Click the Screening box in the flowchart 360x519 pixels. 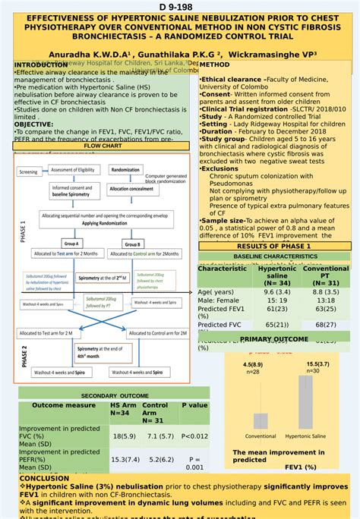click(28, 172)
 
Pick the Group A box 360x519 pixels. click(72, 244)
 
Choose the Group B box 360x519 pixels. click(134, 244)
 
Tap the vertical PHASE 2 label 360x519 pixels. click(24, 357)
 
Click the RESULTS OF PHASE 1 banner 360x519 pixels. click(273, 247)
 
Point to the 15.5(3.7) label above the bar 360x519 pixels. click(317, 364)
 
